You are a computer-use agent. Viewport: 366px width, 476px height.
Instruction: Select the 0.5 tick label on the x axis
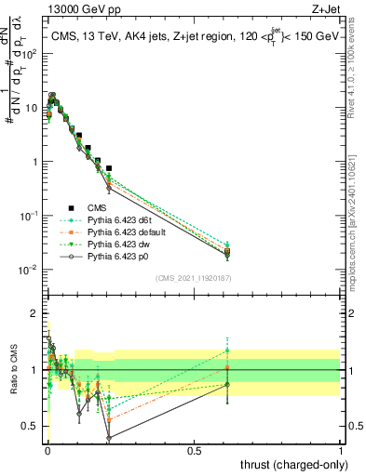point(195,451)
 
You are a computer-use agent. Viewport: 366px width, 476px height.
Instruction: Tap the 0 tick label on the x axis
point(47,451)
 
